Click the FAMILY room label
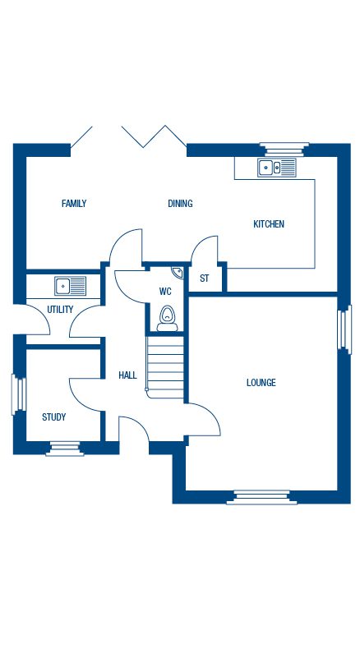click(74, 203)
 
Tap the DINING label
click(180, 204)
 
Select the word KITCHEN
click(269, 224)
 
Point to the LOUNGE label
click(261, 383)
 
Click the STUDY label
click(54, 417)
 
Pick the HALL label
click(127, 375)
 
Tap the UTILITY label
click(60, 310)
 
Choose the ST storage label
click(204, 278)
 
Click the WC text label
click(165, 292)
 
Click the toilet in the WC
click(168, 319)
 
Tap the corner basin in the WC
click(178, 273)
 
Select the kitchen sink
click(277, 168)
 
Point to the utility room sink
click(71, 286)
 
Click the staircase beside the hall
click(165, 367)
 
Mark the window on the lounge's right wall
click(344, 329)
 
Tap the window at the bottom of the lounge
click(262, 497)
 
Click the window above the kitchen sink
click(284, 150)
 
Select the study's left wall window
click(19, 394)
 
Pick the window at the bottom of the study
click(65, 449)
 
